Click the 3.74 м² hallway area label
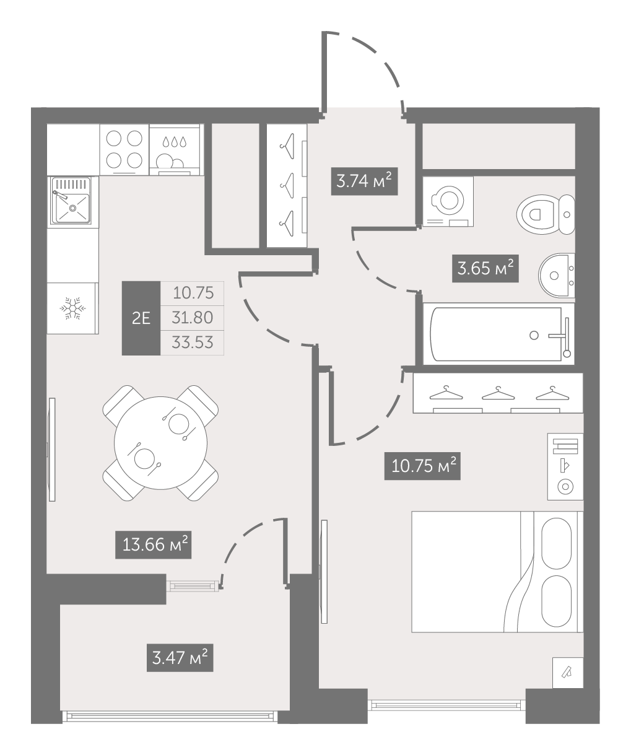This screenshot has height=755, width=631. tap(365, 181)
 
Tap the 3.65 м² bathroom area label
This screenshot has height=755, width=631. tap(485, 268)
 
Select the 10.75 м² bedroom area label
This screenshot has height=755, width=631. tap(422, 466)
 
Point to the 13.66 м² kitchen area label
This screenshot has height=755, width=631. tap(154, 544)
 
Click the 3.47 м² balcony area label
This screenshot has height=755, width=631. tap(180, 658)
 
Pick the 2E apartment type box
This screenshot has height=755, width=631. tap(141, 318)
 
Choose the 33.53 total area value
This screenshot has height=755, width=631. tap(193, 343)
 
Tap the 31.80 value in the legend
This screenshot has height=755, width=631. tap(193, 318)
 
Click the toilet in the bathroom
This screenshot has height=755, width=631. tap(546, 214)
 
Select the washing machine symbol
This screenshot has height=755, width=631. tap(448, 201)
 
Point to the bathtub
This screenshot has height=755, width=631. tap(498, 334)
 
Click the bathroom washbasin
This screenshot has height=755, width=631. tap(557, 276)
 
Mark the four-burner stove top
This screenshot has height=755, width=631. tap(124, 149)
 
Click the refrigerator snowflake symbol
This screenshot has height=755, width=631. tap(72, 308)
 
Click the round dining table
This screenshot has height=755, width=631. tap(160, 443)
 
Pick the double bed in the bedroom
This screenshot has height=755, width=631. tap(497, 572)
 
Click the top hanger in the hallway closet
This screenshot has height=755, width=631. tap(287, 146)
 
